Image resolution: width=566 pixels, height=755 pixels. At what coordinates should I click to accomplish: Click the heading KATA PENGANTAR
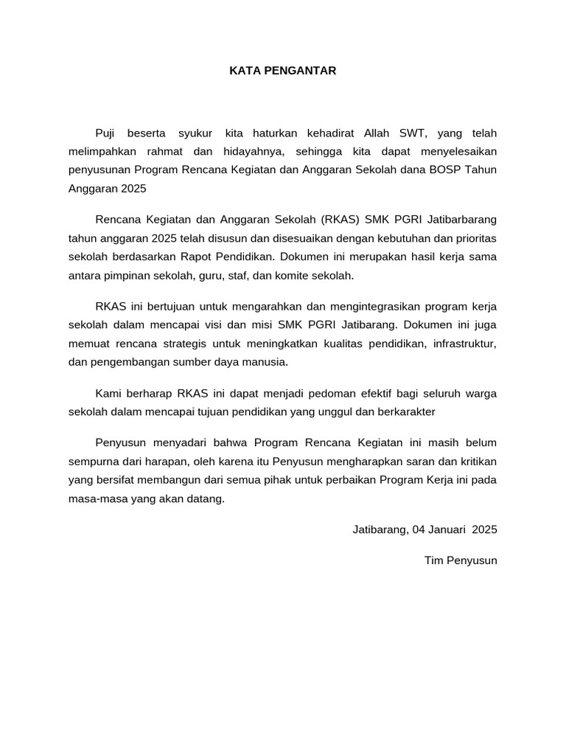pos(283,71)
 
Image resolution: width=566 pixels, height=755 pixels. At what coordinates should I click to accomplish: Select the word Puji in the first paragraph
pos(107,133)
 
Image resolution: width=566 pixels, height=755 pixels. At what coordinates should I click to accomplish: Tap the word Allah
pos(378,133)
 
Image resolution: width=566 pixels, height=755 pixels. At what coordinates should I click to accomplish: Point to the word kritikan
pos(477,462)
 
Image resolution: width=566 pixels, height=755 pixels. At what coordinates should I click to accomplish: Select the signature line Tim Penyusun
pos(461,560)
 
